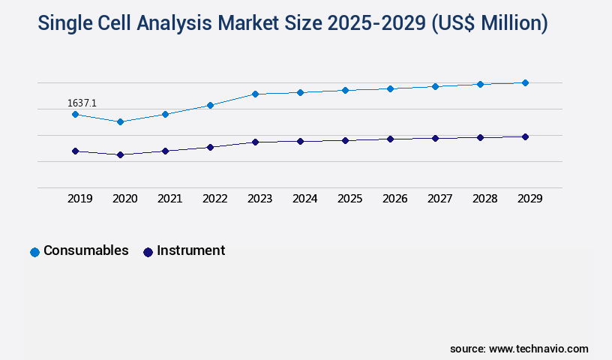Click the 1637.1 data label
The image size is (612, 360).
[x=82, y=103]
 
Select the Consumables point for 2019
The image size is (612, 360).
[x=75, y=114]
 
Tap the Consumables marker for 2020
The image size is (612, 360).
[x=120, y=121]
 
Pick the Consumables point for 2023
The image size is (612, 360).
[x=255, y=94]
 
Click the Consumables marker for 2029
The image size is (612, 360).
[x=525, y=82]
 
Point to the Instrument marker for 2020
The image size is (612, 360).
[x=120, y=154]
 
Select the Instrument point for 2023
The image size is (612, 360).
[x=255, y=142]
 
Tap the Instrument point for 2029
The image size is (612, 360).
[x=525, y=136]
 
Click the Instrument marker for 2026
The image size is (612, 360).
[x=390, y=139]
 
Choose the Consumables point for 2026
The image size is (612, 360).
[x=390, y=88]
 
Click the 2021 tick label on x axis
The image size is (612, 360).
[x=169, y=199]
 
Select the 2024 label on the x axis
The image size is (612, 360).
[x=304, y=199]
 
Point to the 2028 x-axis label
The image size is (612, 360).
[x=484, y=199]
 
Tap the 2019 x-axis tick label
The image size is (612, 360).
[x=79, y=199]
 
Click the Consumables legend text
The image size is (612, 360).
[x=85, y=250]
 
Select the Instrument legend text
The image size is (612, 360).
[x=190, y=250]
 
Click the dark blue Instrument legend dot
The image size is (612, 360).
[x=148, y=252]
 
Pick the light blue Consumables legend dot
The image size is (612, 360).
[x=34, y=252]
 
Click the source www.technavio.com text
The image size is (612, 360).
[x=519, y=349]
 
